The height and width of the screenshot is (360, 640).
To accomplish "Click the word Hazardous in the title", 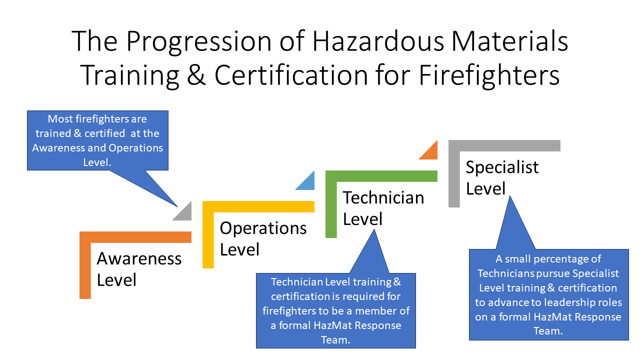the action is coord(378,41).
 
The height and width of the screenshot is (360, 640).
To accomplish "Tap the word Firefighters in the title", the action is coord(489,75).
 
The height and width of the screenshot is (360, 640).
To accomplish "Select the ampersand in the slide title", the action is coord(196,75).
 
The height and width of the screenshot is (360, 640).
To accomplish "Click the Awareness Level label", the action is coord(139,269).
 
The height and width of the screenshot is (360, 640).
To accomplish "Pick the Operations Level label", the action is coord(263,238).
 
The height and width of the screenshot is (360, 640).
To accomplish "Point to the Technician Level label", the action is coord(383,208).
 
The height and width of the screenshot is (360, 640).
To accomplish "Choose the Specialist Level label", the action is coord(502,177).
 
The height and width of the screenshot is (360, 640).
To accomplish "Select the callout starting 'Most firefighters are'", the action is coord(97,140).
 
